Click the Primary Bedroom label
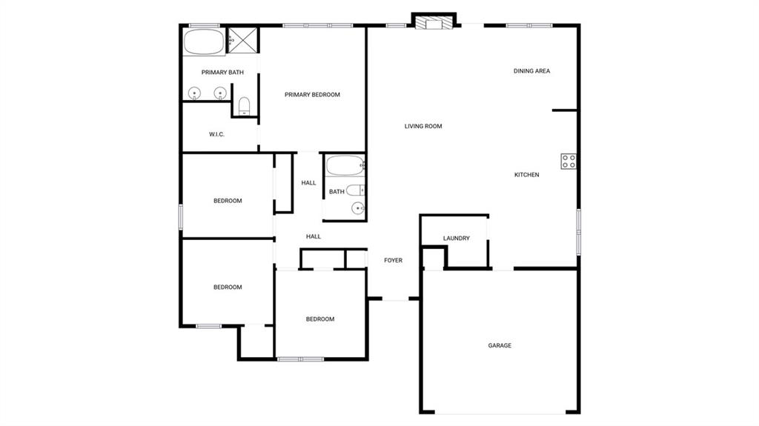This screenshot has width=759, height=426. [x=312, y=95]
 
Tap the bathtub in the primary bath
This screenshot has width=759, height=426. [x=204, y=41]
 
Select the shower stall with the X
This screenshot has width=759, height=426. [x=243, y=40]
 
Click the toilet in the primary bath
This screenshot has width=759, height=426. [x=245, y=105]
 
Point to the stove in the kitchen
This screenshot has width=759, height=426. [x=569, y=162]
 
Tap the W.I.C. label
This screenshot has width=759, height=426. [x=217, y=135]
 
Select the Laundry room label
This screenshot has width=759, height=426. [x=457, y=238]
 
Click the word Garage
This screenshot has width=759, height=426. [x=500, y=346]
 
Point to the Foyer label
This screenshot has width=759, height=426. [x=393, y=261]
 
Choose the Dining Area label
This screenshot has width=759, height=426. [x=531, y=71]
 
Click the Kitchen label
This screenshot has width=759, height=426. [x=527, y=175]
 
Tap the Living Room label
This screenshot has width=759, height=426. [x=423, y=127]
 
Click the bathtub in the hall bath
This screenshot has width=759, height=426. [x=345, y=165]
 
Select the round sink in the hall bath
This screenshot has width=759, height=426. [x=358, y=208]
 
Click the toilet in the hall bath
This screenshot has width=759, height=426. [x=355, y=190]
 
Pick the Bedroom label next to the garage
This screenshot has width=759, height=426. [x=320, y=319]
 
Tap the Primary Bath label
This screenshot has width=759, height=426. [x=222, y=73]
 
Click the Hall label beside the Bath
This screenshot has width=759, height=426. [x=308, y=183]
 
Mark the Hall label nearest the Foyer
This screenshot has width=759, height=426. [x=314, y=237]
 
